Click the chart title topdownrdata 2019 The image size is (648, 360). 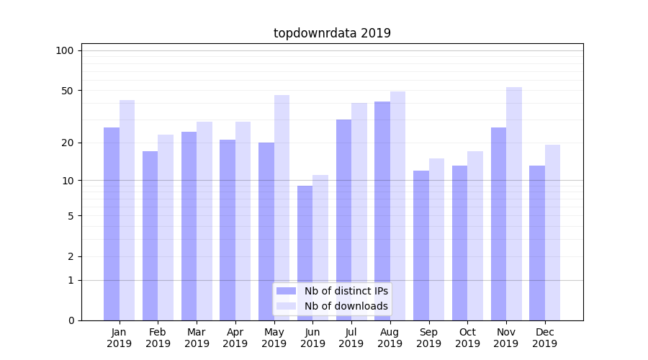(332, 33)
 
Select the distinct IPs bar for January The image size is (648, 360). (112, 223)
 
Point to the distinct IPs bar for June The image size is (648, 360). (305, 253)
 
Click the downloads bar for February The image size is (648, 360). (166, 227)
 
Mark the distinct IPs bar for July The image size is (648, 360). (343, 220)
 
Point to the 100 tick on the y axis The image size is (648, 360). (65, 50)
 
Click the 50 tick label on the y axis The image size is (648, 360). (68, 91)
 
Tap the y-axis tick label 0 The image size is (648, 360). (71, 320)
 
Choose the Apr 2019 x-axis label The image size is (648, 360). (235, 338)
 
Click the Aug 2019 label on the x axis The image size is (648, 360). (390, 338)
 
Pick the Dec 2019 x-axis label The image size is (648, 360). (545, 338)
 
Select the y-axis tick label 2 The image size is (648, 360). (71, 256)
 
